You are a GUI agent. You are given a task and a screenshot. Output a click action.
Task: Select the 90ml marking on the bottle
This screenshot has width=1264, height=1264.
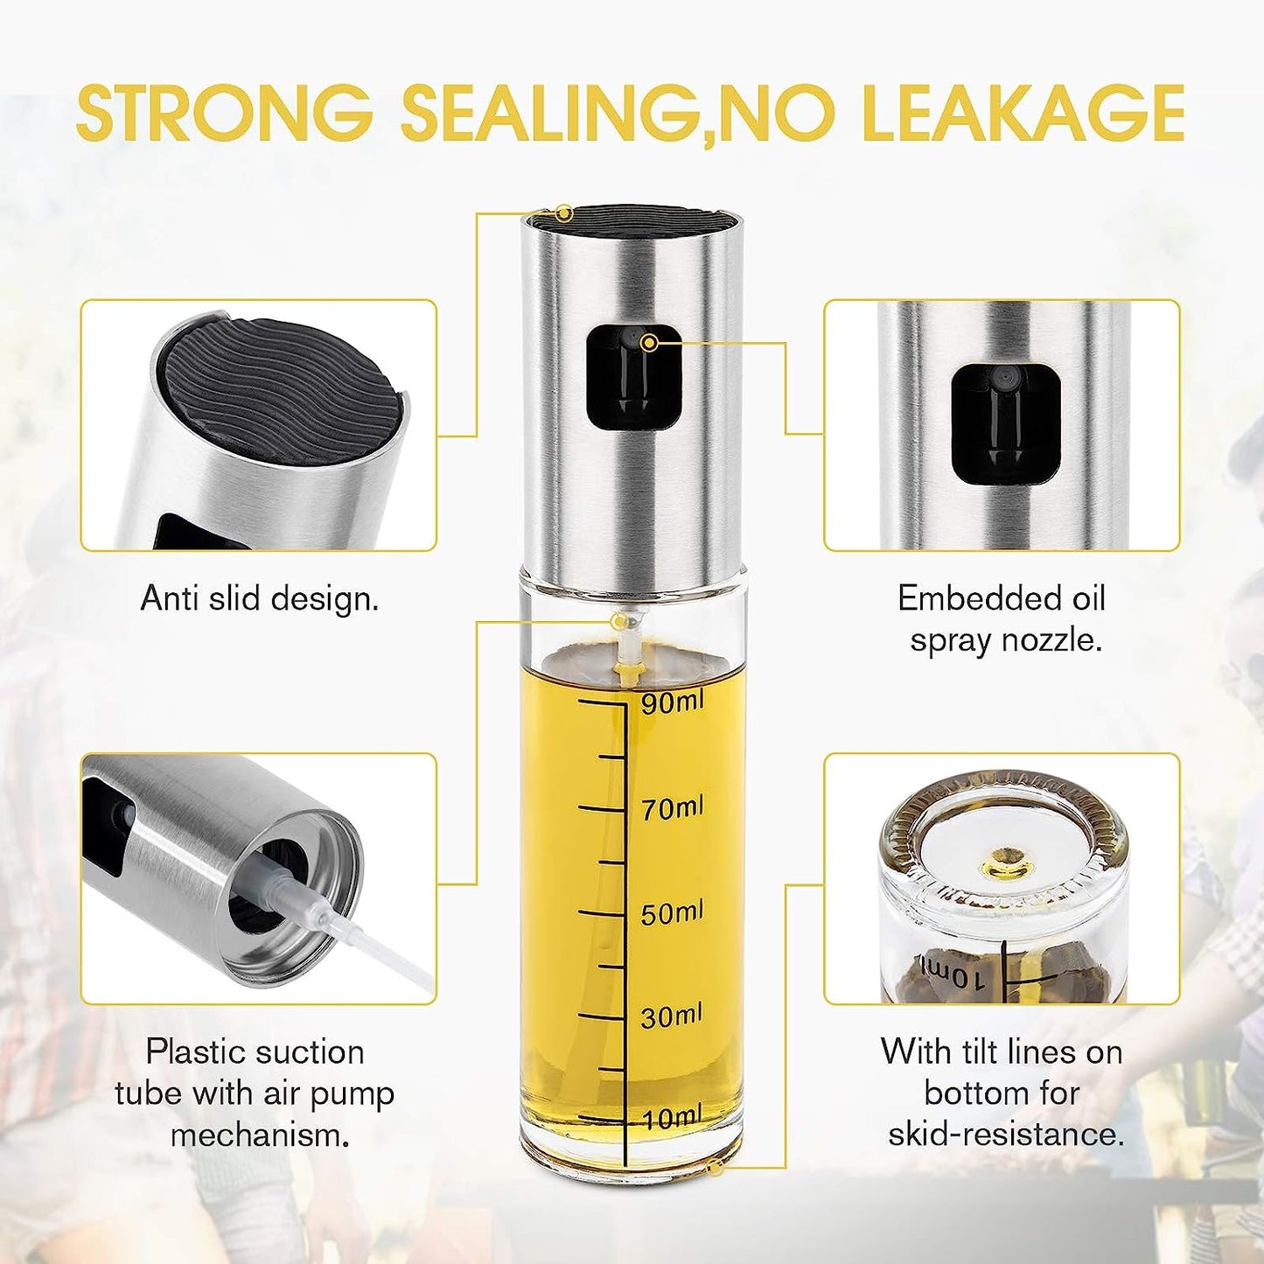coord(672,703)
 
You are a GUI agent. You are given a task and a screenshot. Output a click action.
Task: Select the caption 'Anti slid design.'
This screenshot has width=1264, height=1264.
coord(260,599)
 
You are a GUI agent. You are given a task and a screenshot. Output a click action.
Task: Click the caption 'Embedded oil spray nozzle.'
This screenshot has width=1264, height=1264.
coord(1002,618)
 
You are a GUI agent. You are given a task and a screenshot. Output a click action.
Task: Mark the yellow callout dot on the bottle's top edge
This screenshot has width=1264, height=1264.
coord(563,213)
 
